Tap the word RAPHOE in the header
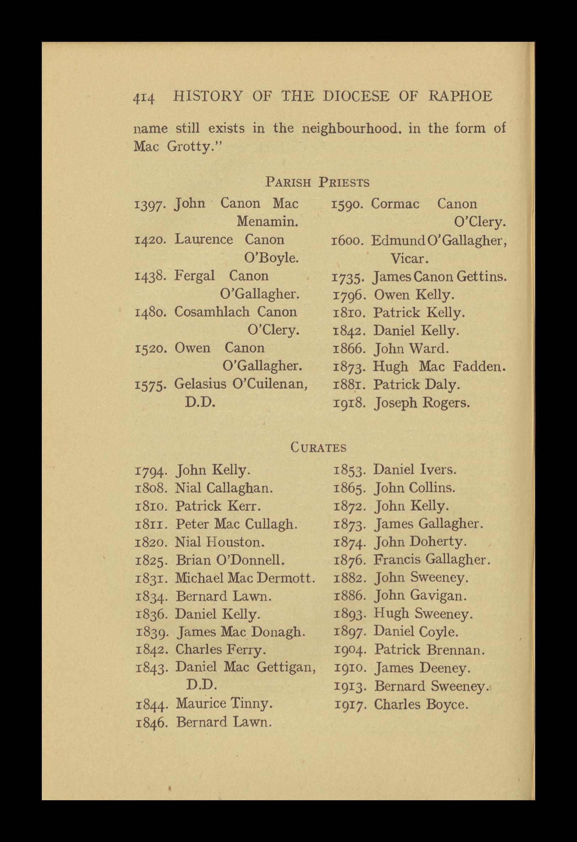461,97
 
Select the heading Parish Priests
317,182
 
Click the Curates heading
318,448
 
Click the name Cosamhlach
212,312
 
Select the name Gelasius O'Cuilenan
241,384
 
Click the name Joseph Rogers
422,403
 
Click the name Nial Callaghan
224,488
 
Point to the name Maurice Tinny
224,704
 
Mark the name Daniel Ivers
415,470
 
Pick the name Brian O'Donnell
230,561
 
